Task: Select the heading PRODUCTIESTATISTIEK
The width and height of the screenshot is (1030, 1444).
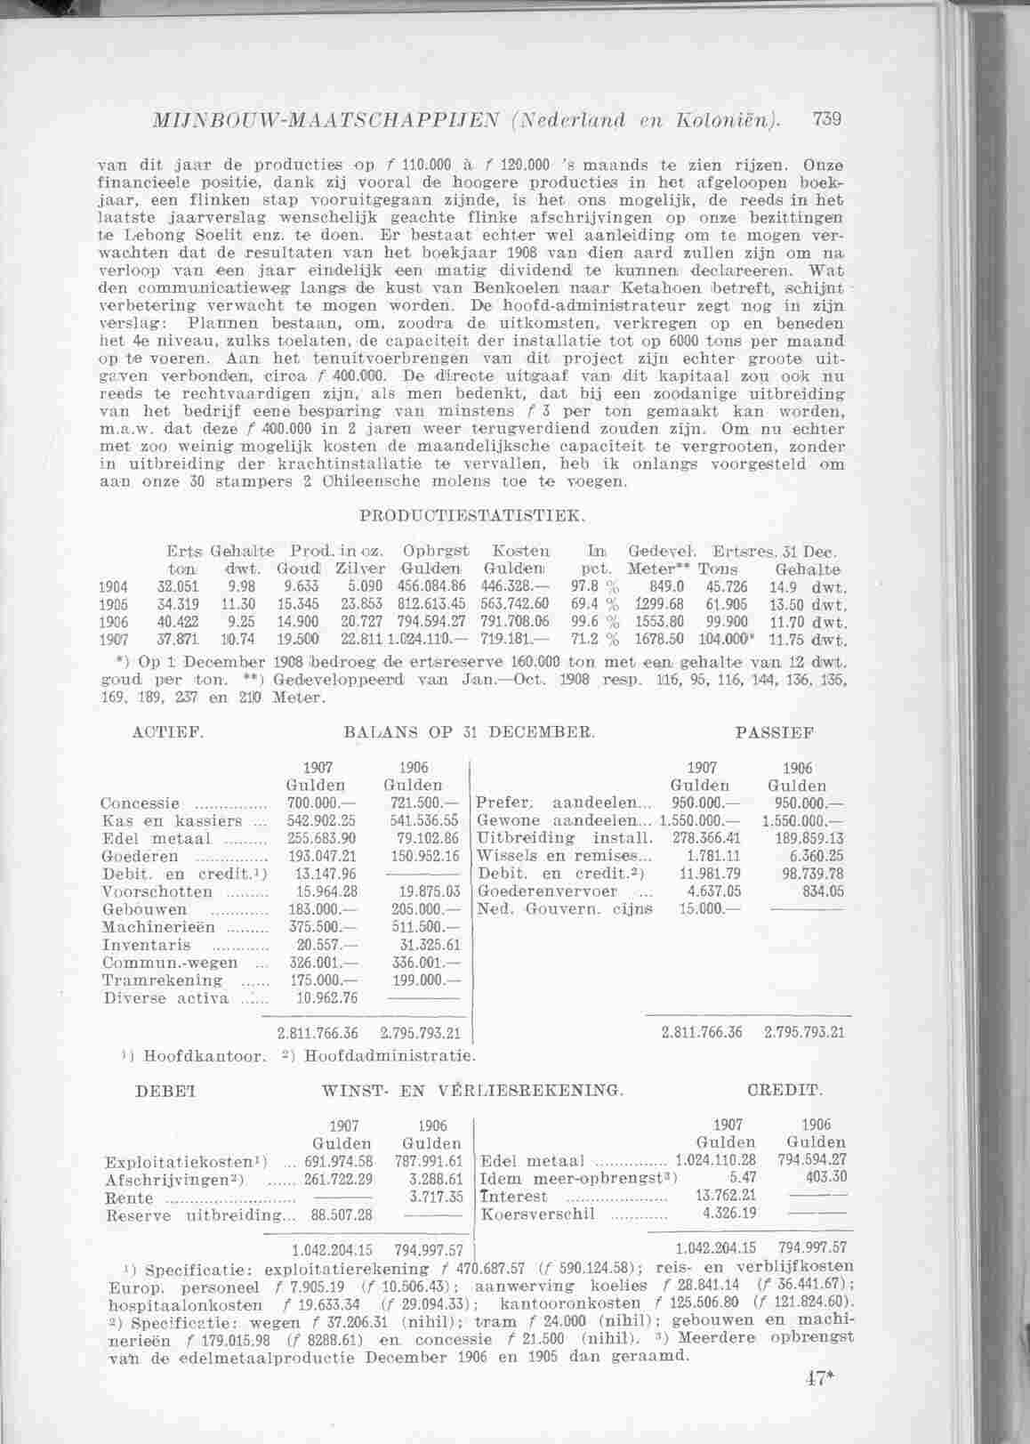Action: pyautogui.click(x=471, y=515)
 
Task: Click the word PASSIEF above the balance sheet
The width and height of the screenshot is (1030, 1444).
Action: pyautogui.click(x=775, y=733)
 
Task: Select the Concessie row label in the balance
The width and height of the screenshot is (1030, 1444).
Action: pyautogui.click(x=142, y=803)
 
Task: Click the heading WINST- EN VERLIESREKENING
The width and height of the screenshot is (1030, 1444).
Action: pyautogui.click(x=471, y=1090)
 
